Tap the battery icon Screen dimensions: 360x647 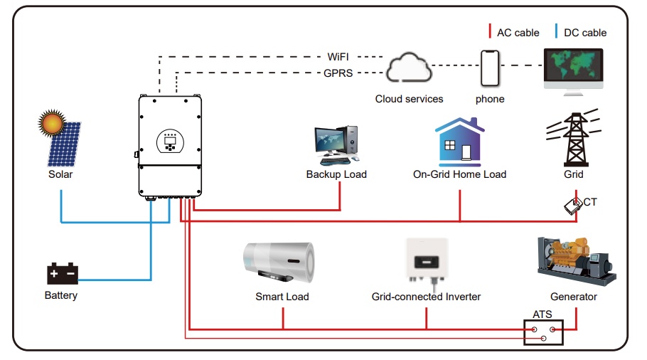(x=61, y=274)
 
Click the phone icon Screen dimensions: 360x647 (x=490, y=68)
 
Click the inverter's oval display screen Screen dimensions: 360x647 (x=171, y=141)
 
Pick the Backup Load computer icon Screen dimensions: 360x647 (x=336, y=145)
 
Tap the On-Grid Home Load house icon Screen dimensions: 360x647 (x=459, y=142)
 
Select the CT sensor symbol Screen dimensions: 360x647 (x=572, y=206)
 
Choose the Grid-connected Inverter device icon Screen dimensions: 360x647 (x=426, y=260)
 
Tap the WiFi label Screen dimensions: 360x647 (x=338, y=56)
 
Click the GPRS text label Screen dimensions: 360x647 (x=338, y=73)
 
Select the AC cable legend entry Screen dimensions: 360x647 (x=513, y=32)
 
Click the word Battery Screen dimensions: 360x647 (x=61, y=295)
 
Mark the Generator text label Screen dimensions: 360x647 (x=573, y=297)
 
